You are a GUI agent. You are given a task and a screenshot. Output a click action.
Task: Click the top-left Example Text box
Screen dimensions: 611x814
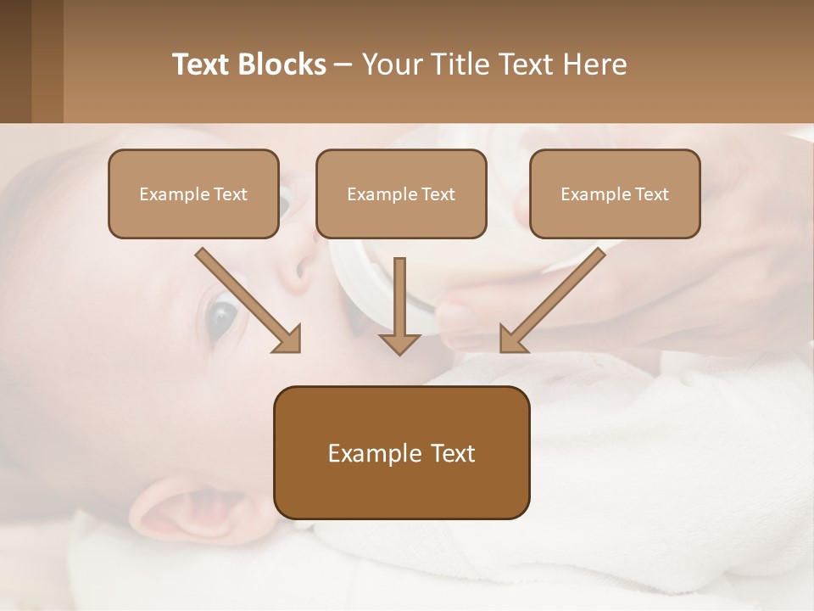(x=193, y=193)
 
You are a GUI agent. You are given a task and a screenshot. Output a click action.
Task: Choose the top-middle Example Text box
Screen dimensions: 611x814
(x=401, y=193)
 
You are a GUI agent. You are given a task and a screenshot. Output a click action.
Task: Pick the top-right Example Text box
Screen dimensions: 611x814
(x=615, y=193)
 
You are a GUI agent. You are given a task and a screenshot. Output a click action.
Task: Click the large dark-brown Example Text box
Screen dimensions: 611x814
(x=401, y=452)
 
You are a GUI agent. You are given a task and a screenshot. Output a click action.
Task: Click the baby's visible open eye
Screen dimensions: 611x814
(x=220, y=318)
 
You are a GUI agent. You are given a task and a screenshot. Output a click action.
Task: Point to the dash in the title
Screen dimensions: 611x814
(x=343, y=64)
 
